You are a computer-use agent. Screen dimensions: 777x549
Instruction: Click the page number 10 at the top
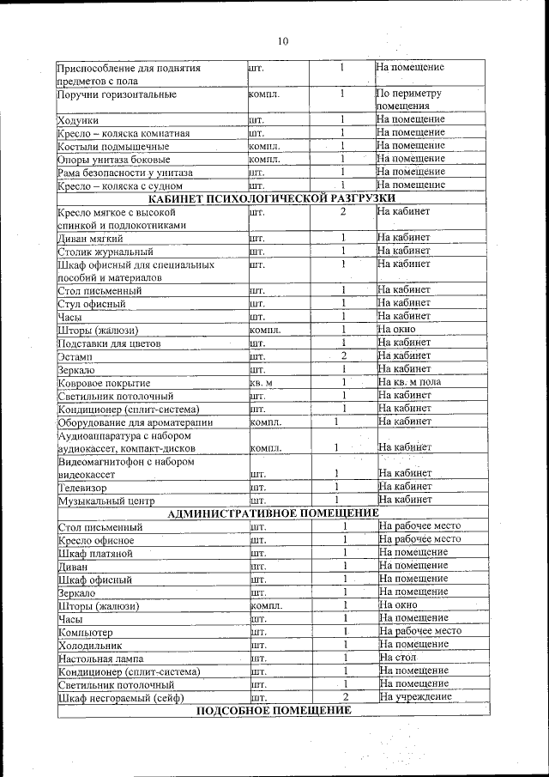click(283, 40)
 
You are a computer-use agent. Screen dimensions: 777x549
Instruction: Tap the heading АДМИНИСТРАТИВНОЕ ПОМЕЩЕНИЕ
click(273, 513)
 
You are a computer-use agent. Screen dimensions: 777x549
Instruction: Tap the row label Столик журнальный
click(106, 252)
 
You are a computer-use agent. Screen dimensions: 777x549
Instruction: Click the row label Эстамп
click(75, 356)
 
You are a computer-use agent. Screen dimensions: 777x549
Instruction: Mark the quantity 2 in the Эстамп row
click(342, 355)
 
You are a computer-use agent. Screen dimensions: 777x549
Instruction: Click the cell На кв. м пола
click(410, 382)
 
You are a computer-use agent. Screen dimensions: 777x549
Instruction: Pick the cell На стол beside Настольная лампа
click(396, 658)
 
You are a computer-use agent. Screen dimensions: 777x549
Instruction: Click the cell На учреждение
click(415, 697)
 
